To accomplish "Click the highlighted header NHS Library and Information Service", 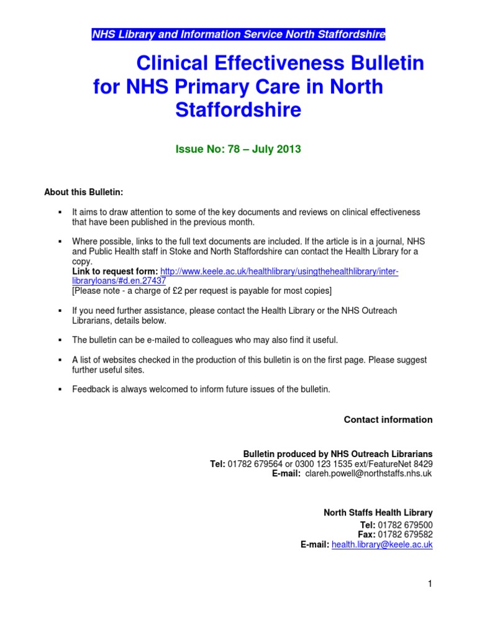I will (238, 35).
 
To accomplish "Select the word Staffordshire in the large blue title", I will (238, 110).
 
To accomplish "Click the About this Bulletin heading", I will (88, 193).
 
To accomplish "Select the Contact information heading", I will (388, 420).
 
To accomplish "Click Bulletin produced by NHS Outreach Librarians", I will (338, 454).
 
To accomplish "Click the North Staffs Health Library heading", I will (378, 513).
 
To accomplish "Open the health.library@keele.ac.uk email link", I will (382, 545).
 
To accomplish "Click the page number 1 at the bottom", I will (429, 583).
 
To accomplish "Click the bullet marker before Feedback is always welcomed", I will (60, 389).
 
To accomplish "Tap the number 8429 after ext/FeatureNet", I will (422, 463).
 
